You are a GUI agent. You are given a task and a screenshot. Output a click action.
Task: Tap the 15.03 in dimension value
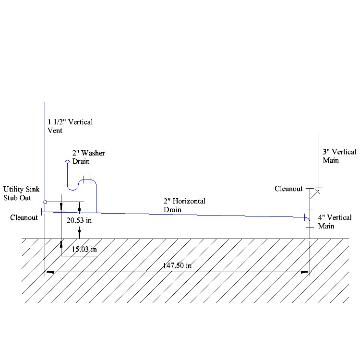pyautogui.click(x=84, y=249)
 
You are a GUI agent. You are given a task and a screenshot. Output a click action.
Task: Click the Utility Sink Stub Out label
pyautogui.click(x=21, y=193)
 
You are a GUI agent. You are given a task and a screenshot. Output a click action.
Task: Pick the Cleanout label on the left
pyautogui.click(x=24, y=217)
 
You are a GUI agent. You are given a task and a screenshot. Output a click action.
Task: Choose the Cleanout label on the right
pyautogui.click(x=288, y=189)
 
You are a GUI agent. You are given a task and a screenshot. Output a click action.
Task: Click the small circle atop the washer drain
pyautogui.click(x=68, y=162)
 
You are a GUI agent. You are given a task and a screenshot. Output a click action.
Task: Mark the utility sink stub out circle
pyautogui.click(x=45, y=202)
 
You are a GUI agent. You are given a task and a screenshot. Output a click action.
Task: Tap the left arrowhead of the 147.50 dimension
pyautogui.click(x=48, y=273)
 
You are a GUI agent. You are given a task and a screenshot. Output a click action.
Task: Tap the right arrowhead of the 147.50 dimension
pyautogui.click(x=305, y=273)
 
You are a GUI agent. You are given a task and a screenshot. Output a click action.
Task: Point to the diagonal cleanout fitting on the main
pyautogui.click(x=314, y=193)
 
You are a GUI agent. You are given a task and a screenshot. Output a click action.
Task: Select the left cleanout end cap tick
pyautogui.click(x=42, y=211)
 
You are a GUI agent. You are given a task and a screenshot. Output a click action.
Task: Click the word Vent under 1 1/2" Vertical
pyautogui.click(x=55, y=130)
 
